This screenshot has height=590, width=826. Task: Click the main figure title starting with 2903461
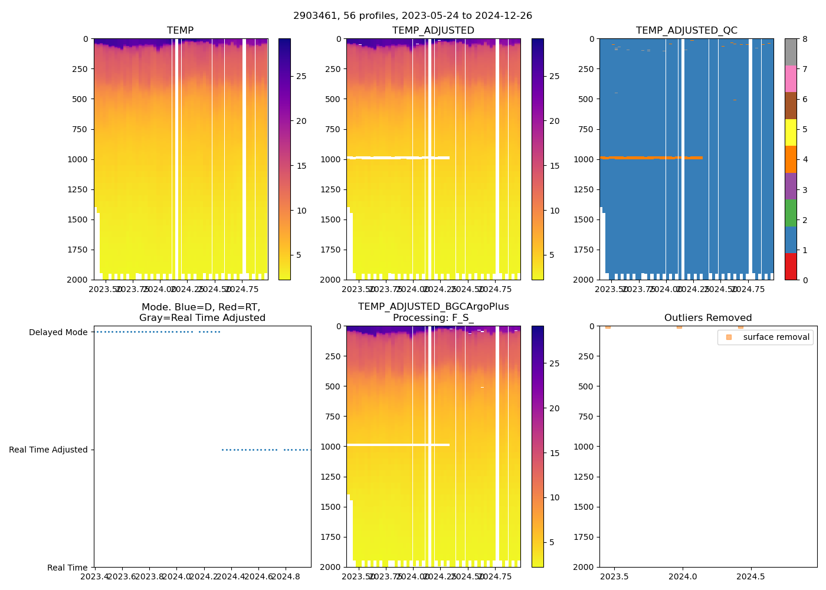[x=412, y=16]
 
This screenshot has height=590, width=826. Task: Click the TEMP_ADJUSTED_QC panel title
[x=686, y=31]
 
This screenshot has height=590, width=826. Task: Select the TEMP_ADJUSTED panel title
[x=433, y=31]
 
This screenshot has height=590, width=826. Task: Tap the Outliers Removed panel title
[x=708, y=318]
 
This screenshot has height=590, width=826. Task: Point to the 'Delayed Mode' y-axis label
[x=58, y=333]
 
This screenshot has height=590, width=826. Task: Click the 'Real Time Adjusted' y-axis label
[x=48, y=450]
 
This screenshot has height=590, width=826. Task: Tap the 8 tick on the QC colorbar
[x=804, y=40]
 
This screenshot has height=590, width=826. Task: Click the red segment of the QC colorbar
[x=791, y=266]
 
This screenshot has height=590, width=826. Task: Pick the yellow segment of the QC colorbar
[x=791, y=132]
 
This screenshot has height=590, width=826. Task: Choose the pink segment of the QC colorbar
[x=791, y=78]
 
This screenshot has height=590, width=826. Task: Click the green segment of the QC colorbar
[x=791, y=212]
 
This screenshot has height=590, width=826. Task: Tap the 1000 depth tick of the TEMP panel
[x=77, y=159]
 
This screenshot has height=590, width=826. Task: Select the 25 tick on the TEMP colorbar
[x=301, y=77]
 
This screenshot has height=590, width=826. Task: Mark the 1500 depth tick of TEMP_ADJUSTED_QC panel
[x=583, y=219]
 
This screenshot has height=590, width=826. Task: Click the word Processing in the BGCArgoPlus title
[x=418, y=318]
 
